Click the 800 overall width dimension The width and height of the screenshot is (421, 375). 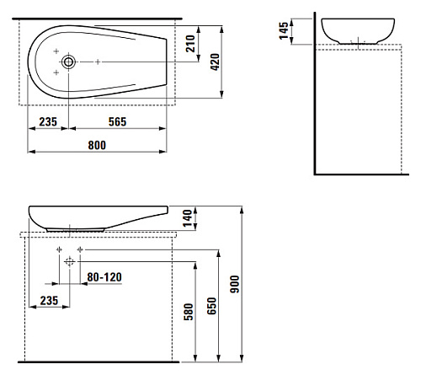click(x=97, y=145)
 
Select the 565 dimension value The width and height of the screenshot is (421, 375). click(x=117, y=121)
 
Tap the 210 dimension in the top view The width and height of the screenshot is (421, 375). click(x=190, y=44)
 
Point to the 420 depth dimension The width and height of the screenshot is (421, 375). click(x=215, y=62)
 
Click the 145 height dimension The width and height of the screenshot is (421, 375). click(x=284, y=30)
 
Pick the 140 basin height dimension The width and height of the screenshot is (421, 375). click(x=187, y=218)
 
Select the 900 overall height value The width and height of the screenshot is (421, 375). click(x=235, y=284)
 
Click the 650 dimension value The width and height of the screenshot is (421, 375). click(x=211, y=306)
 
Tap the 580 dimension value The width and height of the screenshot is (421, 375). click(x=189, y=312)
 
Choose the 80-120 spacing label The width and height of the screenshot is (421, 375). click(x=104, y=277)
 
